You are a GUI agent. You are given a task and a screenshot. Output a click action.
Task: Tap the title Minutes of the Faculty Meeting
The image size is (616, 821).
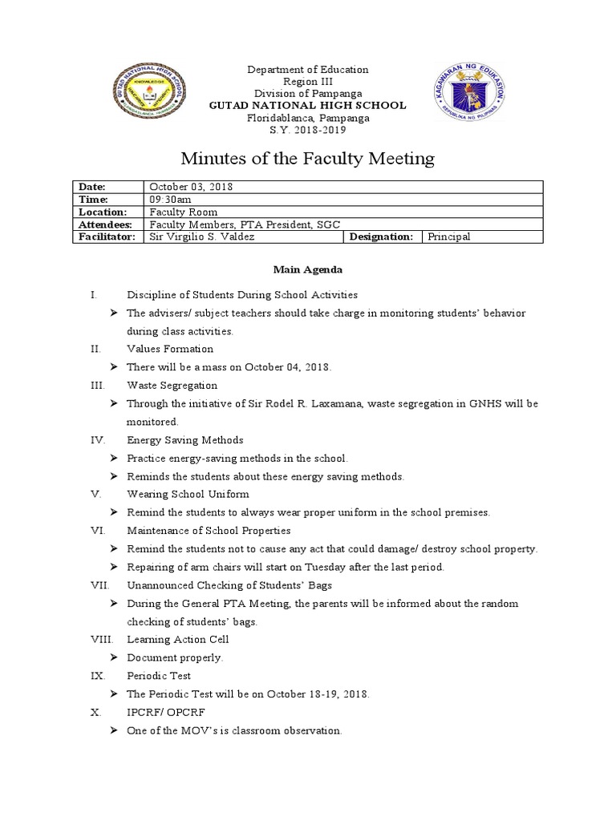point(309,159)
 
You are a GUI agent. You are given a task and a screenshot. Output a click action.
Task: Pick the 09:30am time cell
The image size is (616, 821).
point(171,199)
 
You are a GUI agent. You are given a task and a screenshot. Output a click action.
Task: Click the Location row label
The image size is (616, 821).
point(103,212)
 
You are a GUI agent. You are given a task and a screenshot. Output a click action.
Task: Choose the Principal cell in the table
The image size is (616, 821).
point(449,237)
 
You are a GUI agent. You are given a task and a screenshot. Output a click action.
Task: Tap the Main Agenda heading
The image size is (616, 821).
point(308,269)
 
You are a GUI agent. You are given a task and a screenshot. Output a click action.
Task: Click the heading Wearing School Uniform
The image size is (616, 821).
point(188,494)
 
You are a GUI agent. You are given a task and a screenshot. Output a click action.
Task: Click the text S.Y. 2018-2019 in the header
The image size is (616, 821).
point(308,131)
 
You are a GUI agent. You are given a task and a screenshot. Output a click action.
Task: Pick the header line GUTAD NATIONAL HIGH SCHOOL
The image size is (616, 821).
point(308,106)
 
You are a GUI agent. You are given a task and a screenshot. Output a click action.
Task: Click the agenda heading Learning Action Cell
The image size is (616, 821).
point(178,639)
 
